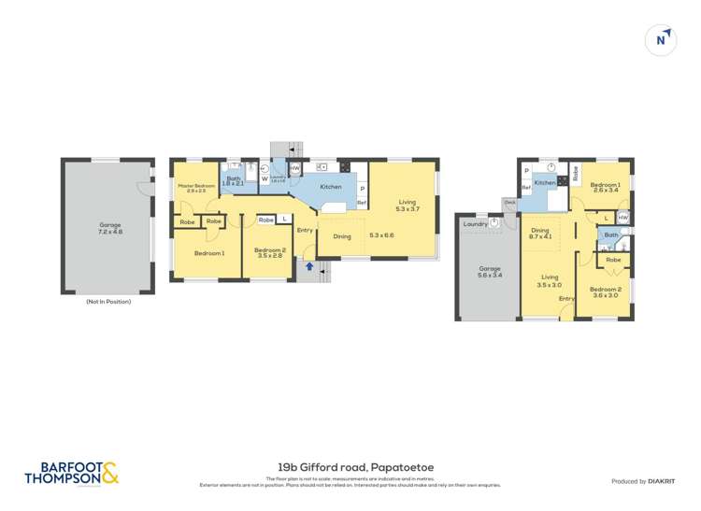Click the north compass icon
662,40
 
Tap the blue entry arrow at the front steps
309,267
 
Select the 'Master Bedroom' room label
197,188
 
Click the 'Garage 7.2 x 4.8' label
110,228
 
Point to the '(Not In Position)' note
108,302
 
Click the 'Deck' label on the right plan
509,202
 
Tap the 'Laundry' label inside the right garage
475,223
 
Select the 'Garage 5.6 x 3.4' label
491,272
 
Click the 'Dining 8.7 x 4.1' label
541,234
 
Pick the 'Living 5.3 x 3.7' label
407,205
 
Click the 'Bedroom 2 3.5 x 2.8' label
269,252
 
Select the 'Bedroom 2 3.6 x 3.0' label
605,292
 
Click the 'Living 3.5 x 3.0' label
551,279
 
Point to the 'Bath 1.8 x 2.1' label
234,181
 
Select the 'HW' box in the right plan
622,218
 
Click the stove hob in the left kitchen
344,168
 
